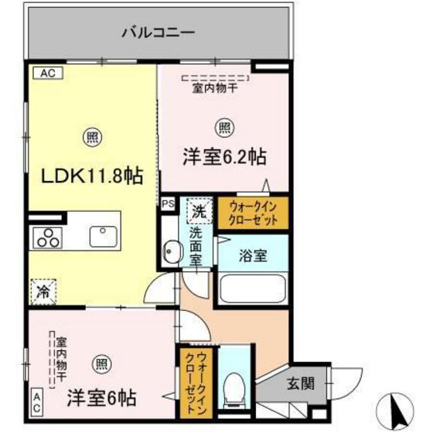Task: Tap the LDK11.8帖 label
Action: [x=92, y=177]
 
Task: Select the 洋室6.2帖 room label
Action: [x=225, y=156]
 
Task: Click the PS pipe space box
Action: [x=168, y=204]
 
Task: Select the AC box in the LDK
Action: [x=45, y=73]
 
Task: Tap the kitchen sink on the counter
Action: [x=102, y=235]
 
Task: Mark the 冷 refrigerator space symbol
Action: [x=43, y=292]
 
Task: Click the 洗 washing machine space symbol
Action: [x=197, y=210]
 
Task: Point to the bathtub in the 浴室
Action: [x=254, y=290]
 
